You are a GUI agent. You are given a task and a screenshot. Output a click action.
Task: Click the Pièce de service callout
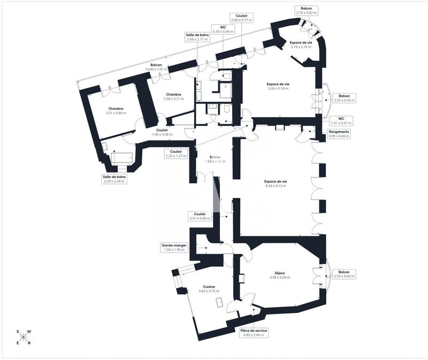tap(254, 333)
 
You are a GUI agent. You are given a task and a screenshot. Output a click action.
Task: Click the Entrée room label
tap(215, 159)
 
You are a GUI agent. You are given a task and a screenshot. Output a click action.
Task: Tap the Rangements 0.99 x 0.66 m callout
tap(339, 134)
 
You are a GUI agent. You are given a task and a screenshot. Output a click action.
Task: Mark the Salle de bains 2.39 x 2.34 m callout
tap(114, 179)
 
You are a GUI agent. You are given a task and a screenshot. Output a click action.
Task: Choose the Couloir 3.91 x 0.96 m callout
tap(200, 216)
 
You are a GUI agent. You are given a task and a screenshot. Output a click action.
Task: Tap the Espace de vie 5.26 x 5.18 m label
tap(278, 86)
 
